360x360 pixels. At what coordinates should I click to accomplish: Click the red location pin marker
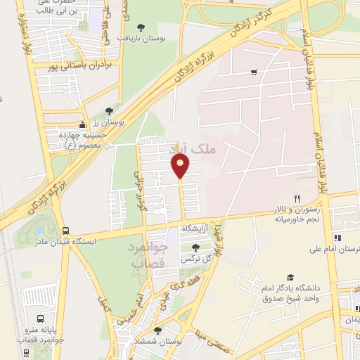[181, 166]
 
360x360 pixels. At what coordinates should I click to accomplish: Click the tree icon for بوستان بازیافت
[141, 27]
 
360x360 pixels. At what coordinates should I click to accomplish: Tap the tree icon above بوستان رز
[108, 110]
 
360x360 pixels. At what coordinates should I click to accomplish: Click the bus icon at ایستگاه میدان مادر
[65, 230]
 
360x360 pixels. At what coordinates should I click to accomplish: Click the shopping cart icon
[253, 71]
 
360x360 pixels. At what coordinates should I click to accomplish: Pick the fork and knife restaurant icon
[297, 199]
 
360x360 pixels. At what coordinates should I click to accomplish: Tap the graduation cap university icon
[290, 278]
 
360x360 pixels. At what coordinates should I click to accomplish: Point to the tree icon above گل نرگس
[195, 247]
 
